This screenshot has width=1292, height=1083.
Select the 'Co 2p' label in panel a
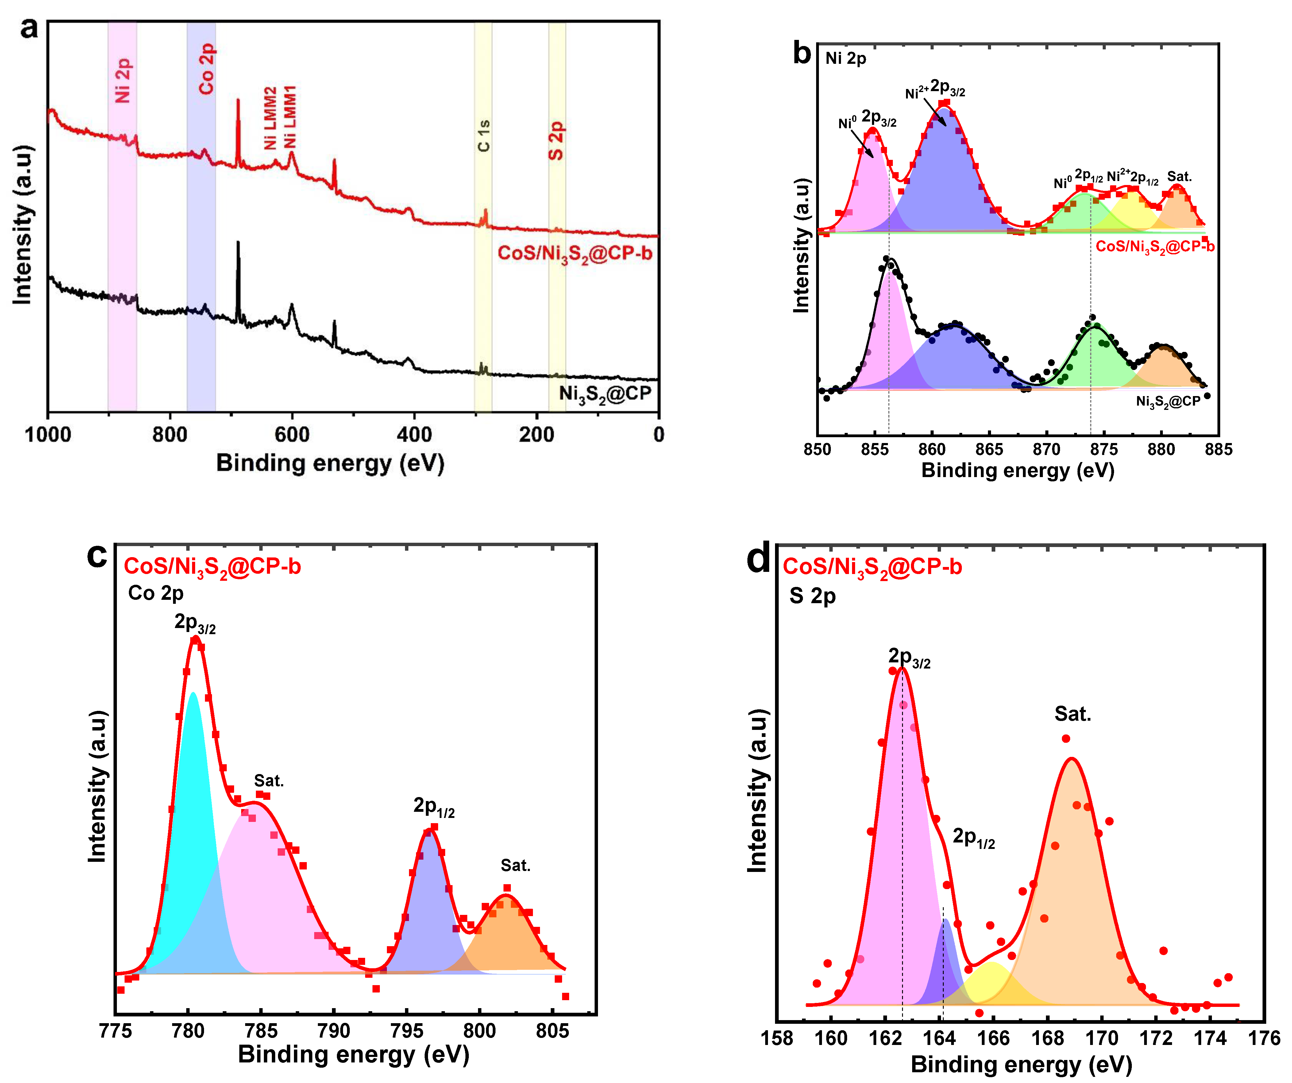tap(206, 69)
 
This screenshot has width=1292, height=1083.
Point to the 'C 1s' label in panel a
tap(484, 135)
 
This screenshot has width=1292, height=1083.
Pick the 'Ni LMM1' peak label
tap(290, 117)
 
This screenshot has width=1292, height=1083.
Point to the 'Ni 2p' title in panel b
tap(846, 59)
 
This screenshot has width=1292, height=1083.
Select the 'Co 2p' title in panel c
tap(156, 593)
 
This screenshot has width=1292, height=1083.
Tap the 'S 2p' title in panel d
tap(812, 596)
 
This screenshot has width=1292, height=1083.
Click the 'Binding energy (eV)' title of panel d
tap(1021, 1065)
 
